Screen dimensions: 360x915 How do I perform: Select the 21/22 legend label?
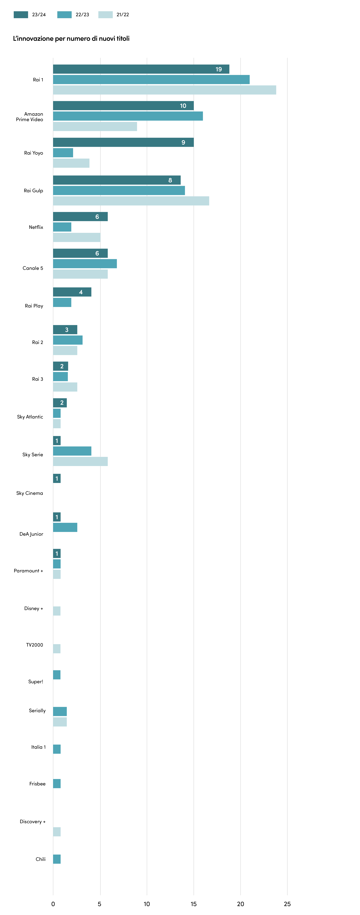pos(123,15)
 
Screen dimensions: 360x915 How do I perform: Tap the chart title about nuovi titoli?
pos(71,38)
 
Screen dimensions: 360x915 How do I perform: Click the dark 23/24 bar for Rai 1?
pos(141,69)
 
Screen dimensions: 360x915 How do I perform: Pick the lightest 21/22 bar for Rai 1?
pos(165,90)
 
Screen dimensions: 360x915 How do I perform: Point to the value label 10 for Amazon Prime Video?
pos(183,106)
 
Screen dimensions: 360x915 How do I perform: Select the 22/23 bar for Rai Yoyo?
pos(63,153)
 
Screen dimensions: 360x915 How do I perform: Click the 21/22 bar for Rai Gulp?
pos(131,201)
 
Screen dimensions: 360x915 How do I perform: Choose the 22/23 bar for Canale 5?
pos(85,264)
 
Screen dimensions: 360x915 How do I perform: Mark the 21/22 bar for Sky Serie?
pos(80,461)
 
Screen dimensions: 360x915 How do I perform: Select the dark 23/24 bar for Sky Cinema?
pos(57,478)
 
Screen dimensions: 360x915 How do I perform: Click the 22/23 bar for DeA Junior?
pos(65,527)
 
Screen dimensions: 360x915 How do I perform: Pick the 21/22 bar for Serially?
pos(60,722)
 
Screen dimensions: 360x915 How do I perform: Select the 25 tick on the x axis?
pos(287,904)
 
